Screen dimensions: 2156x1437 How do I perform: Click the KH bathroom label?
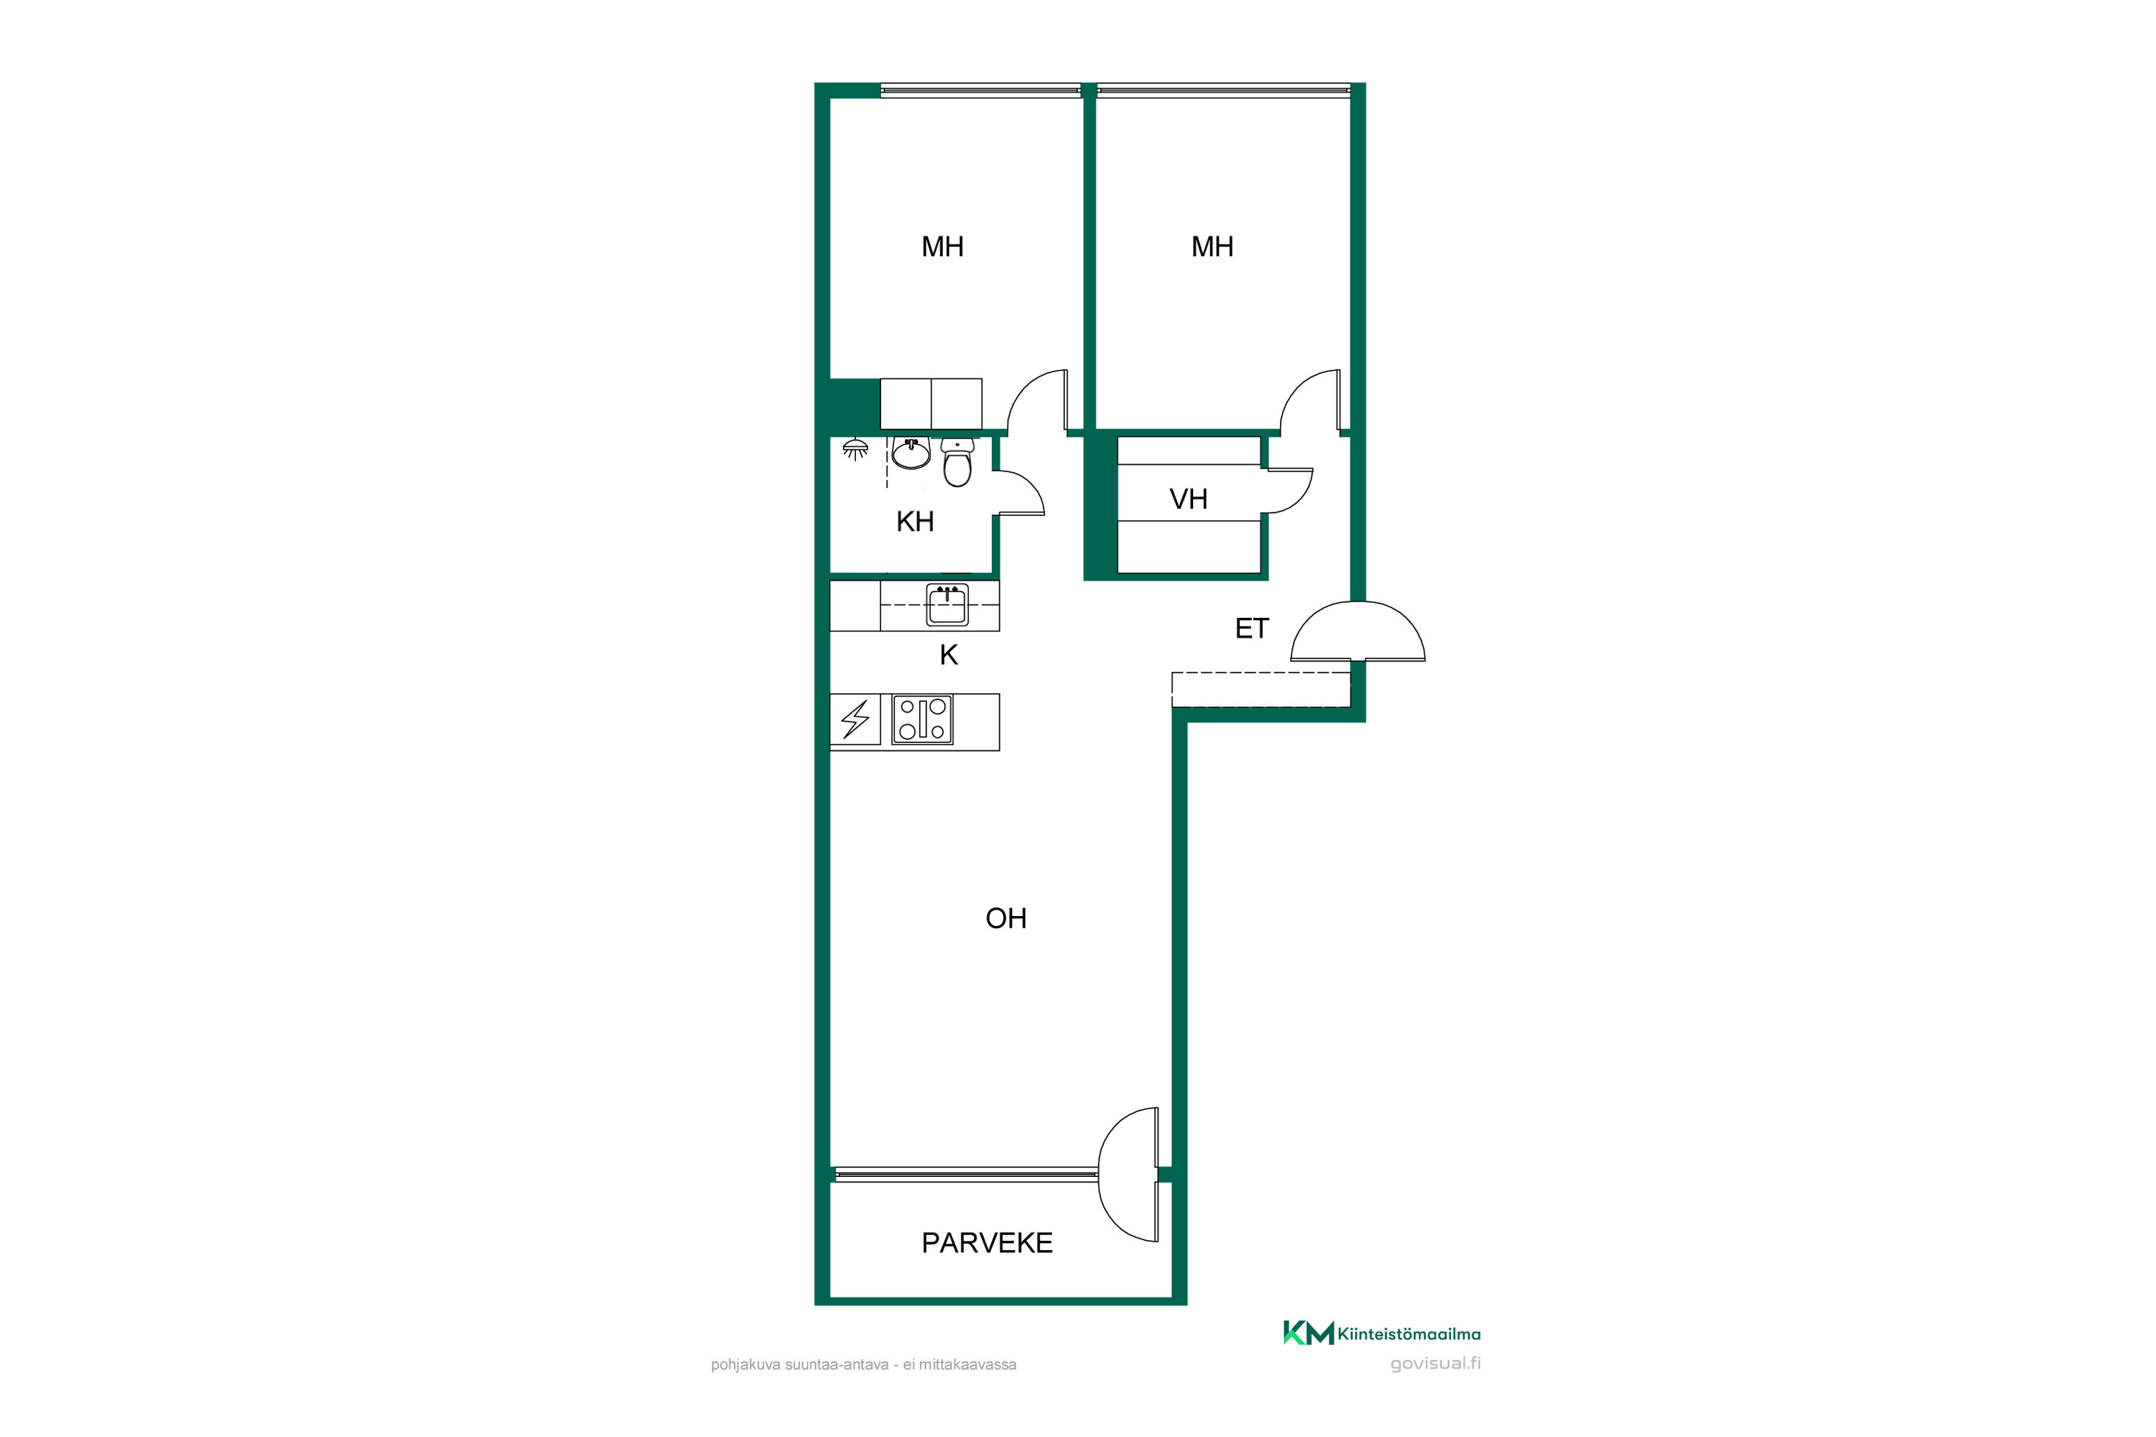(x=915, y=522)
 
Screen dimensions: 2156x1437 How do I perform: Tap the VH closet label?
(x=1188, y=499)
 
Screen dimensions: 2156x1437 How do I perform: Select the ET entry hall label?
(x=1251, y=629)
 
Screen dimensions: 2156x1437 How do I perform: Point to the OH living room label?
(x=1005, y=918)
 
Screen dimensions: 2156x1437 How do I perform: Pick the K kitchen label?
(x=949, y=655)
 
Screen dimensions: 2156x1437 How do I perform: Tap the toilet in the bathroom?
(x=957, y=463)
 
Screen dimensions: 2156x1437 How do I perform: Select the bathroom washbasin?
(x=911, y=453)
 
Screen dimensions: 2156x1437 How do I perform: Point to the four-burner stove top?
(x=922, y=719)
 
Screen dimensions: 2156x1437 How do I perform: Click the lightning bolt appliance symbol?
(x=855, y=719)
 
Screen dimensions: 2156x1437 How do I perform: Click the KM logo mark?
(x=1308, y=1334)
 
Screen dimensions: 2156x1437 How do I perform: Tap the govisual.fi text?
(x=1435, y=1364)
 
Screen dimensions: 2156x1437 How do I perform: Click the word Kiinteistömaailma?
(x=1409, y=1334)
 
